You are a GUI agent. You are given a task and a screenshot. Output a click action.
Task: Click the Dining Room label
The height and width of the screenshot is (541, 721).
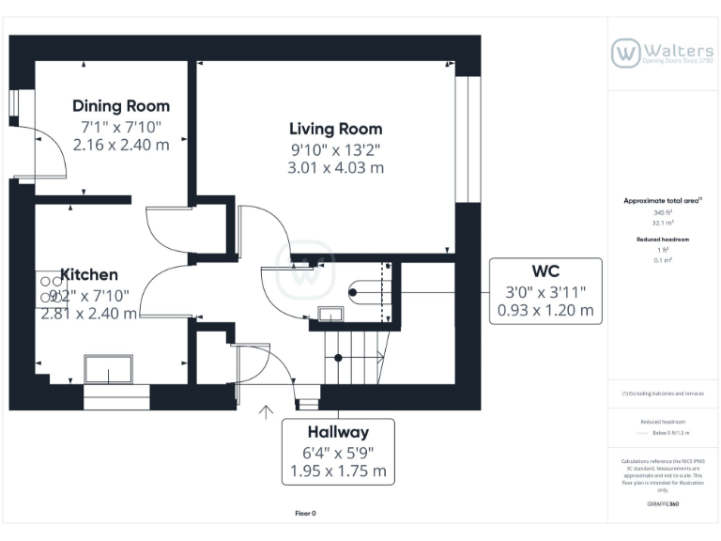[x=121, y=106]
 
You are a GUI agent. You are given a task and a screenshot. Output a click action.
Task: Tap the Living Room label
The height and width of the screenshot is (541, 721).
[x=335, y=129]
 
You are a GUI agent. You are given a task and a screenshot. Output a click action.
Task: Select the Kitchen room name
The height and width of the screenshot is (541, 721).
[x=89, y=274]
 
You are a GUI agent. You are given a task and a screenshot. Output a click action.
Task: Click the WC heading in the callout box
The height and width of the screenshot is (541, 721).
[x=545, y=272]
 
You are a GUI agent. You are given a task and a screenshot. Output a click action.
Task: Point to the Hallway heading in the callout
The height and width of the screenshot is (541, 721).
[x=338, y=433]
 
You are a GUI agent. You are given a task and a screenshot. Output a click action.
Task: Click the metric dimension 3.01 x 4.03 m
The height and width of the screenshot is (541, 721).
[x=335, y=168]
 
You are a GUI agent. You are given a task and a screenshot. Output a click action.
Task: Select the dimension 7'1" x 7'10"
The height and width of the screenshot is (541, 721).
[x=121, y=126]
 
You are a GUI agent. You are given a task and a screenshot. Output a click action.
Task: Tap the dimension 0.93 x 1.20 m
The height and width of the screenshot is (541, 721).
[x=545, y=310]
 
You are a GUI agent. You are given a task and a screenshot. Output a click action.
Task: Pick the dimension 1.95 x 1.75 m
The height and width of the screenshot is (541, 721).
[x=338, y=471]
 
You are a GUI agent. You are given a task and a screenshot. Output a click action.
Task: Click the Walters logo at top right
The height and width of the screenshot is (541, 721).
[x=662, y=53]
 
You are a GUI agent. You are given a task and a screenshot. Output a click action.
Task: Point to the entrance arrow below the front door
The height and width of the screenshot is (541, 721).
[x=267, y=410]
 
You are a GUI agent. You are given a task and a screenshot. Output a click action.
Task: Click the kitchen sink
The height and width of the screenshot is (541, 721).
[x=111, y=369]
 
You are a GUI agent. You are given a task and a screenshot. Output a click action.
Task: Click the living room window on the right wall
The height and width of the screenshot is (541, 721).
[x=462, y=139]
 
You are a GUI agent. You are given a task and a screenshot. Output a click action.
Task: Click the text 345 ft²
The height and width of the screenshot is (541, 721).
[x=663, y=213]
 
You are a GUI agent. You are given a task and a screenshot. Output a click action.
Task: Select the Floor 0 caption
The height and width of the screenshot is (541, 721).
[x=306, y=514]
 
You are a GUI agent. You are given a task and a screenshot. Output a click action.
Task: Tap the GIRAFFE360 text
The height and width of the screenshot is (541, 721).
[x=663, y=504]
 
